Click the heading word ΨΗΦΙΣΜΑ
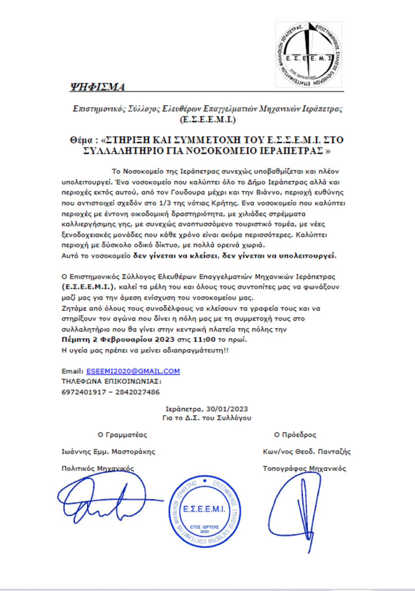pyautogui.click(x=98, y=87)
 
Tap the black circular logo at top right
pyautogui.click(x=308, y=55)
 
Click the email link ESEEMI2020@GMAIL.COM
pyautogui.click(x=133, y=371)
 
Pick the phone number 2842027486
pyautogui.click(x=138, y=392)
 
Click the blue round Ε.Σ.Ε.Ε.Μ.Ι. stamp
pyautogui.click(x=204, y=511)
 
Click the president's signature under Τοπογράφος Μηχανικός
pyautogui.click(x=297, y=509)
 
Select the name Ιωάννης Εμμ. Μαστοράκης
pyautogui.click(x=108, y=451)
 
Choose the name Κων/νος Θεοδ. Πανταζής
pyautogui.click(x=307, y=451)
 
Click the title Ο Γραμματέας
pyautogui.click(x=122, y=435)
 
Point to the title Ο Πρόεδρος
pyautogui.click(x=295, y=435)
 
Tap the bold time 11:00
pyautogui.click(x=204, y=340)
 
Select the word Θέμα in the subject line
pyautogui.click(x=81, y=140)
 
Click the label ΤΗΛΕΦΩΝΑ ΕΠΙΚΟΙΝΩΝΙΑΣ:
pyautogui.click(x=111, y=382)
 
